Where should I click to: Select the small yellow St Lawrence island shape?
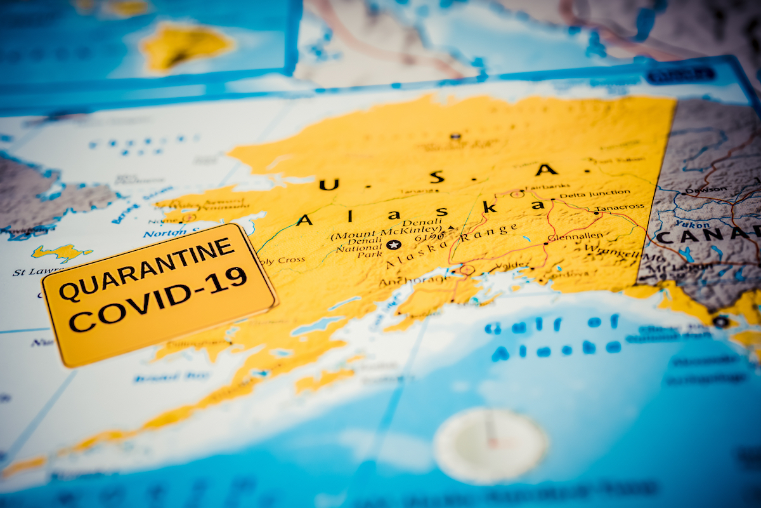(x=61, y=253)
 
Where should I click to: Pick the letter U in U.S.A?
(x=328, y=185)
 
